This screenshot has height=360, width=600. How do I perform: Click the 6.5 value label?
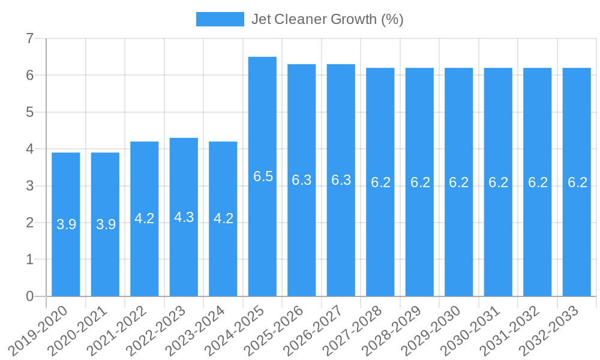pyautogui.click(x=263, y=176)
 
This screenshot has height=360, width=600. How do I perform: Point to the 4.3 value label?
pyautogui.click(x=184, y=217)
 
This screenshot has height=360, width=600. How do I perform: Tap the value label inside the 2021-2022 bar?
pyautogui.click(x=145, y=218)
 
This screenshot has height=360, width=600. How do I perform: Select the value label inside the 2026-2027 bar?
pyautogui.click(x=341, y=180)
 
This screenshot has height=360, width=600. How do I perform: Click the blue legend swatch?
pyautogui.click(x=220, y=19)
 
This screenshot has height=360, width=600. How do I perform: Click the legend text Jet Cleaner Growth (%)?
pyautogui.click(x=327, y=19)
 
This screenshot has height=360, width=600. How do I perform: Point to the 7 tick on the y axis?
pyautogui.click(x=29, y=39)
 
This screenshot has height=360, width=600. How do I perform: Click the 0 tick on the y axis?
pyautogui.click(x=29, y=296)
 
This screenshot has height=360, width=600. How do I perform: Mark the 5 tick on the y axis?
pyautogui.click(x=29, y=112)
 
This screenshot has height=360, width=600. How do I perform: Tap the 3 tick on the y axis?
pyautogui.click(x=29, y=186)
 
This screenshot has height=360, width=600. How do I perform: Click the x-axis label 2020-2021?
pyautogui.click(x=79, y=329)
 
